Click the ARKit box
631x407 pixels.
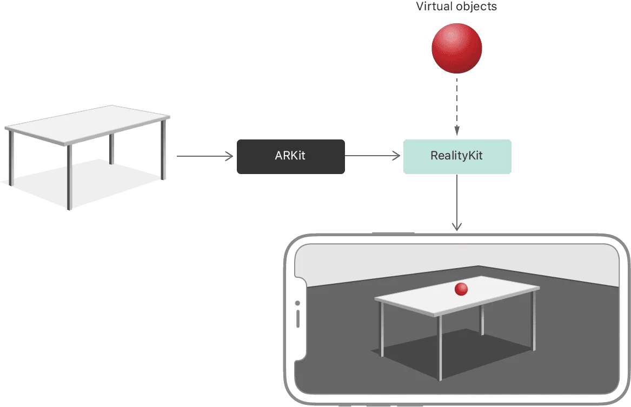coord(290,156)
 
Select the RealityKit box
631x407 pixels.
coord(456,156)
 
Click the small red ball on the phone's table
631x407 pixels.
coord(461,290)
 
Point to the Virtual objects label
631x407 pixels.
coord(456,7)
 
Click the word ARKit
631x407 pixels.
coord(290,156)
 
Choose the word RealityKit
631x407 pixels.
coord(456,156)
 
